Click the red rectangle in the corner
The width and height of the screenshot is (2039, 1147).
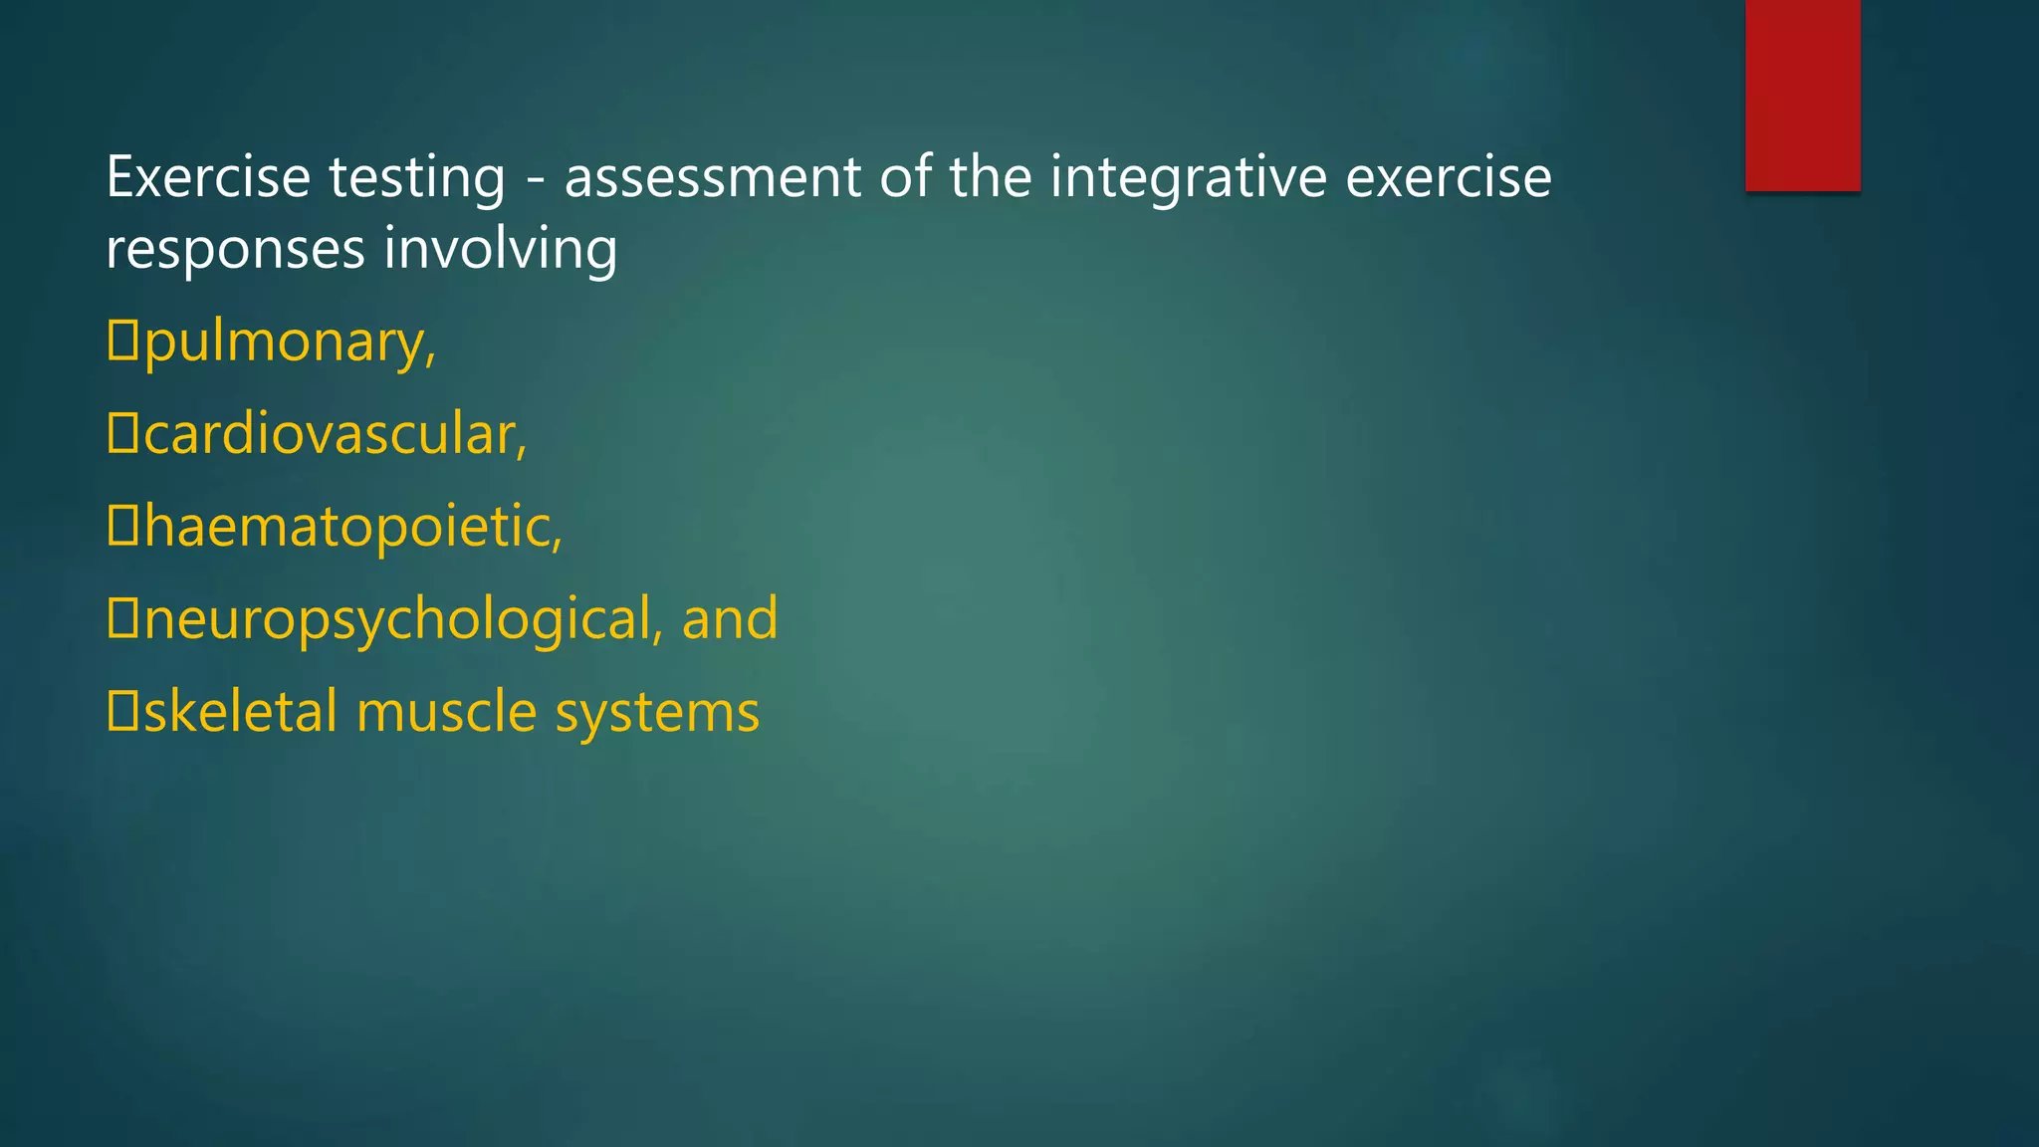tap(1802, 95)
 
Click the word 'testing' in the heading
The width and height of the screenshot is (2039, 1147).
tap(417, 179)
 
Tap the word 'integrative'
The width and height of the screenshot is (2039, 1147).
tap(1189, 179)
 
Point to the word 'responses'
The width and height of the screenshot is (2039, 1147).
tap(235, 250)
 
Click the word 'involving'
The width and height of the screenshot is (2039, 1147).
tap(501, 250)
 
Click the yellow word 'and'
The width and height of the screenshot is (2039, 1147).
tap(730, 618)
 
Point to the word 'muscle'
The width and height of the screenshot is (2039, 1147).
tap(447, 712)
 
